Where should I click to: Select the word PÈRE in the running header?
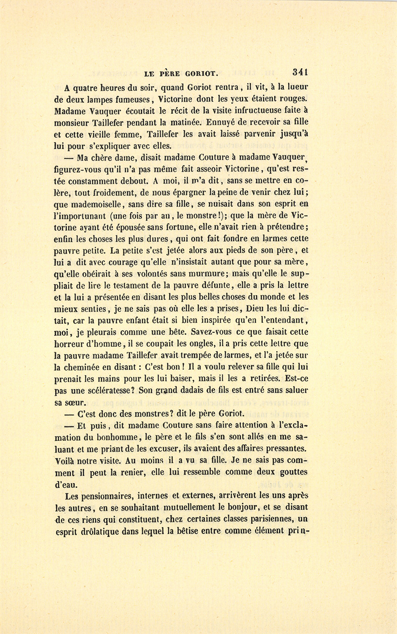click(x=169, y=74)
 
